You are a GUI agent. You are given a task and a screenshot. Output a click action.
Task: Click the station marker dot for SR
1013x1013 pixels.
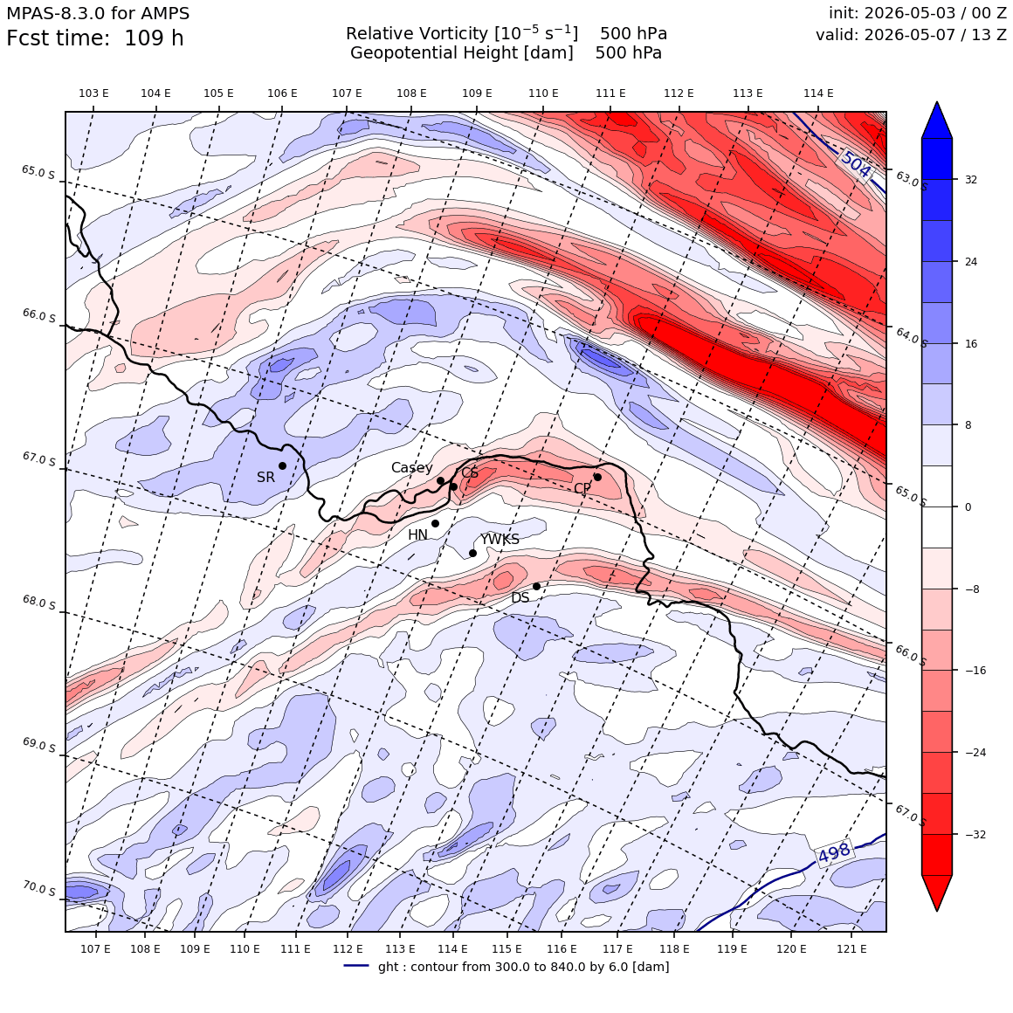[282, 465]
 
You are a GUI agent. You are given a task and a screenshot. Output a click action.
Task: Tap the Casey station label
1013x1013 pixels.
[411, 468]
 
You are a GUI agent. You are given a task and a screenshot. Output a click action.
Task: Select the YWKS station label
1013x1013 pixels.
[500, 539]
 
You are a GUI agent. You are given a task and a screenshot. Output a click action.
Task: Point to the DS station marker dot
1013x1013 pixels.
[536, 587]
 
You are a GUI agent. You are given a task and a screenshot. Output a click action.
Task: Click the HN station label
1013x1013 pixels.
[418, 535]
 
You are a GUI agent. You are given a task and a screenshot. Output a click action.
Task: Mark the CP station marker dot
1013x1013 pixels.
[597, 478]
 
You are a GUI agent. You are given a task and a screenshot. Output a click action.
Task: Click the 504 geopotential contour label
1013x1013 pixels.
[857, 165]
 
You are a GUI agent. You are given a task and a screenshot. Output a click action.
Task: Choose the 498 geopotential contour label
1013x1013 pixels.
[834, 853]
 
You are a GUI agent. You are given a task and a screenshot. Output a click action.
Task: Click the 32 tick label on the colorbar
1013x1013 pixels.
[971, 180]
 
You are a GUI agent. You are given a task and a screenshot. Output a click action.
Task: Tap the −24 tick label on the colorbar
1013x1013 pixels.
[975, 753]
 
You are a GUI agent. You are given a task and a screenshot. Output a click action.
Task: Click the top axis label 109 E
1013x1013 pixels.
[477, 93]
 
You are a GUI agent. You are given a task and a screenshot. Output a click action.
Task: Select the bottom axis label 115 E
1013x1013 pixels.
[507, 948]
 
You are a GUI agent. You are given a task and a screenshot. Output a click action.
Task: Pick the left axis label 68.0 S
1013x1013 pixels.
[39, 603]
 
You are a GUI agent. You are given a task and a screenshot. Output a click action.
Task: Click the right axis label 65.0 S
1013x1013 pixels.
[911, 495]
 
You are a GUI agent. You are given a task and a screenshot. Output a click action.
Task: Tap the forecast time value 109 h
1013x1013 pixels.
[154, 38]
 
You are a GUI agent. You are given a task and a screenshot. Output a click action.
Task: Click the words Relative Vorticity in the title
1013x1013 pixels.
[417, 33]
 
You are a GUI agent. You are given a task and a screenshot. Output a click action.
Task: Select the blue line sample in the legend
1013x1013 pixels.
[356, 966]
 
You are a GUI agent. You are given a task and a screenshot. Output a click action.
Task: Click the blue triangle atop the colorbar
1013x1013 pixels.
[937, 121]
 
